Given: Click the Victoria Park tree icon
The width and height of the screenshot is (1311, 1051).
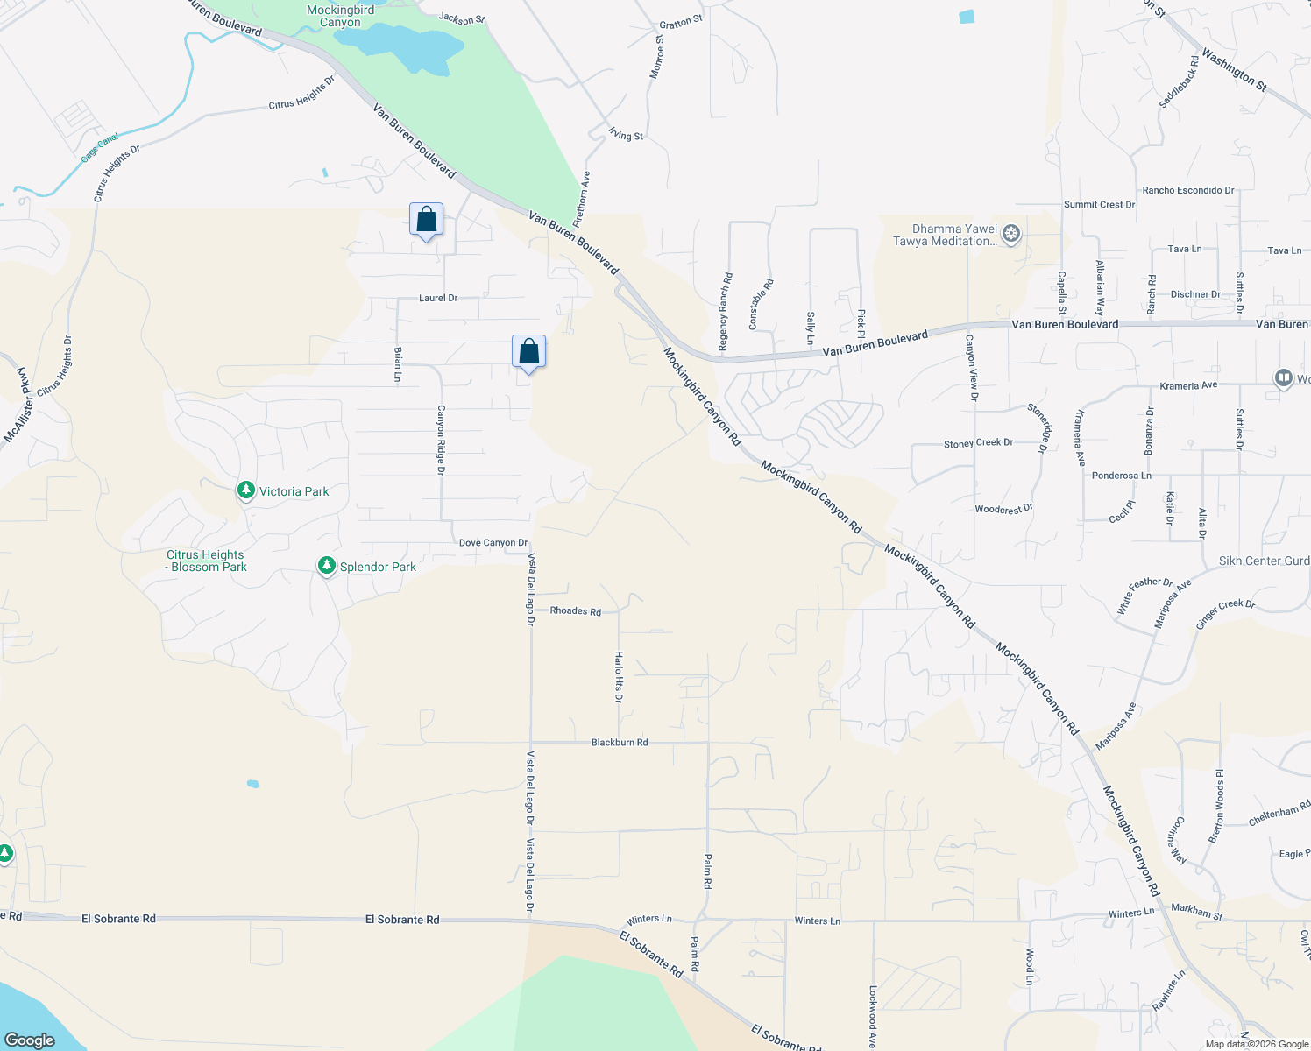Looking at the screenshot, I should point(246,490).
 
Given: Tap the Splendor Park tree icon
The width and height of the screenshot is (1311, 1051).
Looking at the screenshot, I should point(327,566).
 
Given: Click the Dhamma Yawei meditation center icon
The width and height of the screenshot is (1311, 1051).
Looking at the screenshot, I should point(1011,234).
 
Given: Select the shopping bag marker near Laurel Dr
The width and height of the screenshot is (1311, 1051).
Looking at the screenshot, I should point(427,220).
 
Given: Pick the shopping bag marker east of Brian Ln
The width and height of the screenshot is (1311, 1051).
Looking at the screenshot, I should point(529,352).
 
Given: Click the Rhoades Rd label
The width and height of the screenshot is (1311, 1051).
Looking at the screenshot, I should point(575,611).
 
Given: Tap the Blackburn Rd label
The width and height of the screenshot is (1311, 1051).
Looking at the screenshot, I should point(620,743).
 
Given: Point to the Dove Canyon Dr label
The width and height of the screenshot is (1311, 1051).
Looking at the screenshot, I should point(493,543).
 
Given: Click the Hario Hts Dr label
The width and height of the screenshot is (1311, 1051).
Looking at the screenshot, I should point(619,677).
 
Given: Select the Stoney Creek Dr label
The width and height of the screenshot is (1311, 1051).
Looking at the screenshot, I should point(978,443).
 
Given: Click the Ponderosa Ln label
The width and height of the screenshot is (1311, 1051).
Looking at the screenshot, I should point(1121,476).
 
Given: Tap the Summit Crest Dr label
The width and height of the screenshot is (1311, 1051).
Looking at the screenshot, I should point(1099,205).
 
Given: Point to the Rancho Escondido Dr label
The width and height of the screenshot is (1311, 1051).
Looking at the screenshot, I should point(1187,190).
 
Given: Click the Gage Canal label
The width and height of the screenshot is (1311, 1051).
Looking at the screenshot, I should point(100,148).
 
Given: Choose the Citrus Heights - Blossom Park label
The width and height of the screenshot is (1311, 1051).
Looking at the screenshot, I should point(206,561).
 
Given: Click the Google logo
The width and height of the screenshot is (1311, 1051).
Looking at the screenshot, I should point(30,1040).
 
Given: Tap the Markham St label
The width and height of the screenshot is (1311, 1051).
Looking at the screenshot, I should point(1196,912).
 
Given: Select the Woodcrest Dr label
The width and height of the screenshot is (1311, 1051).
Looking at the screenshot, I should point(1003,509).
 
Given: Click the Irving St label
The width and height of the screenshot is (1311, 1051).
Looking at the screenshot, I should point(626,135).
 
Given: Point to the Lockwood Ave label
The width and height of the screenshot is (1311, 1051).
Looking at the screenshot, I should point(873,1017).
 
